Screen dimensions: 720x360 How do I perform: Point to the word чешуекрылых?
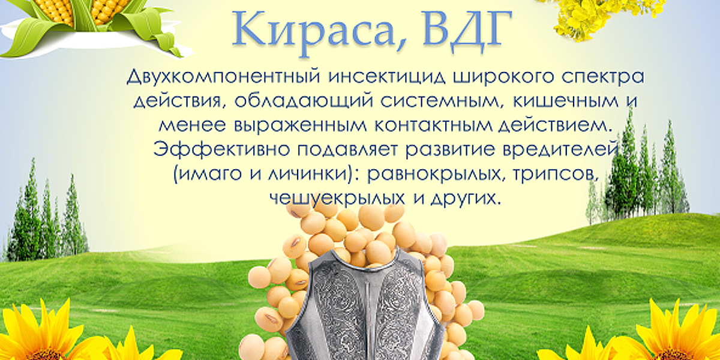(x=337, y=199)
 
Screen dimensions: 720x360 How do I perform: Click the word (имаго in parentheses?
(x=209, y=175)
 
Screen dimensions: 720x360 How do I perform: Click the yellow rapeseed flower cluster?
(x=598, y=16)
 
